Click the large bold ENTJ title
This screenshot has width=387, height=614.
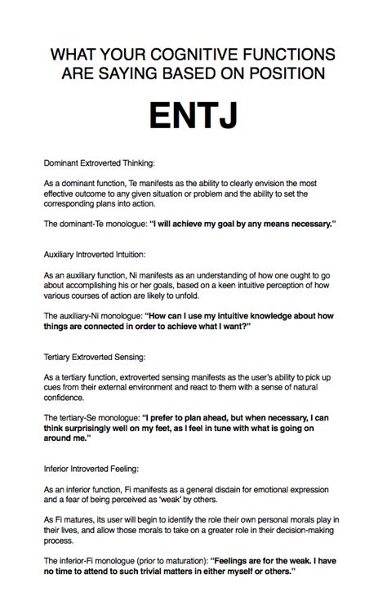[193, 114]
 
